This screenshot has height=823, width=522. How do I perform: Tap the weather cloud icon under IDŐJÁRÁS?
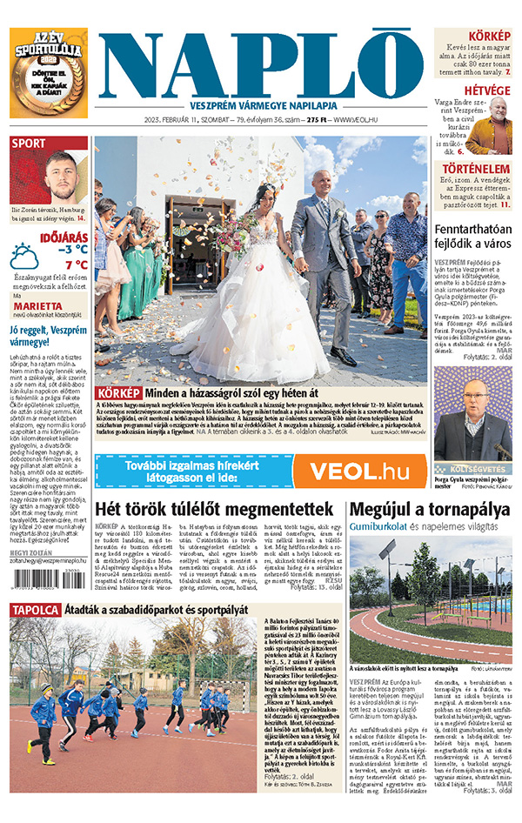[x=23, y=258]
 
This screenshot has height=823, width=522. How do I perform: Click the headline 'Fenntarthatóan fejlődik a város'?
[x=473, y=236]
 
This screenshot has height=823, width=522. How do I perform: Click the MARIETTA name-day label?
[x=37, y=306]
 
